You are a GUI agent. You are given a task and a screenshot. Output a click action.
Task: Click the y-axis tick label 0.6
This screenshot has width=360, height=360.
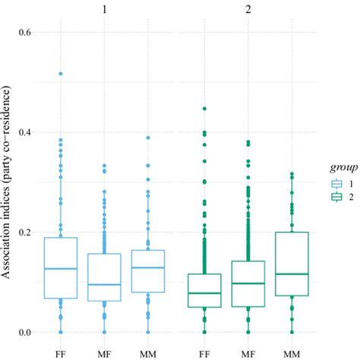(x=24, y=33)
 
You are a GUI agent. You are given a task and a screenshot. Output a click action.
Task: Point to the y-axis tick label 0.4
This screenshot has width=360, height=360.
(x=24, y=132)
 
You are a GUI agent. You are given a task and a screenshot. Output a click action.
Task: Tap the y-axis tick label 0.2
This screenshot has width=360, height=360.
(x=24, y=232)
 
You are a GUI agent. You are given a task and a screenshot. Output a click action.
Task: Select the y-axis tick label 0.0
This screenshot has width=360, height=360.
(x=24, y=332)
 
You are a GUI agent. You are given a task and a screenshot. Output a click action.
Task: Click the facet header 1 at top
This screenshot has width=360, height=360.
(x=104, y=10)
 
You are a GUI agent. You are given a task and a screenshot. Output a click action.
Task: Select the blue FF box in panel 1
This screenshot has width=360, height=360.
(x=60, y=267)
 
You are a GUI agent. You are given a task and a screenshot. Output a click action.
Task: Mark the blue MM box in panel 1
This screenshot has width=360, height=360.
(x=147, y=270)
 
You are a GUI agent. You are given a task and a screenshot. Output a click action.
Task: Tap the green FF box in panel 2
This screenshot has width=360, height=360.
(x=204, y=290)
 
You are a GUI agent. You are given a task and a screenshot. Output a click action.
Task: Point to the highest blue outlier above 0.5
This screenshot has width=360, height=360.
(x=60, y=74)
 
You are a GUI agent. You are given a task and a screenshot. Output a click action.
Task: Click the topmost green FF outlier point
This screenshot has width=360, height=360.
(x=204, y=109)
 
